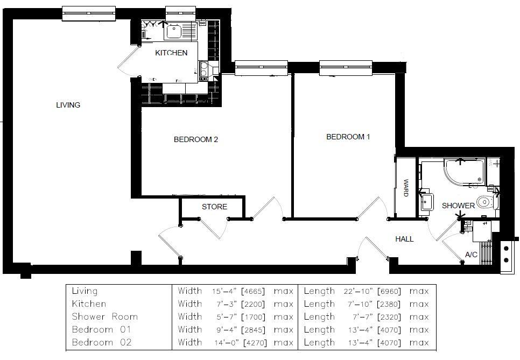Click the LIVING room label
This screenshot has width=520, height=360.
[68, 105]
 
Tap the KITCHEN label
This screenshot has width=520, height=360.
[171, 53]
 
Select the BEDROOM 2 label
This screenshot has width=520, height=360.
[195, 139]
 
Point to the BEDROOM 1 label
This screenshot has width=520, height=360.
[348, 137]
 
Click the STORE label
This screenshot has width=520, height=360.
[214, 207]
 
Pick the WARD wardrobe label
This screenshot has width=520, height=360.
[406, 188]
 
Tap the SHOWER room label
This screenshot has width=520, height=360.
[458, 206]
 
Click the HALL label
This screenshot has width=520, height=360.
[404, 239]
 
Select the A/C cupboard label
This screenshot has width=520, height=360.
[471, 255]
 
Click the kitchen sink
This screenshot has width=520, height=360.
[174, 32]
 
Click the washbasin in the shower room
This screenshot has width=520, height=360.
[427, 201]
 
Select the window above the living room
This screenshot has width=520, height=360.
[89, 13]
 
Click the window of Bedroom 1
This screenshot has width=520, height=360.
[346, 68]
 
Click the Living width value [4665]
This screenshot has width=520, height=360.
[252, 291]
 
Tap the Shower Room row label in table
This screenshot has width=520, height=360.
[105, 317]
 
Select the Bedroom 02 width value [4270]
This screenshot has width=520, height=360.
[252, 343]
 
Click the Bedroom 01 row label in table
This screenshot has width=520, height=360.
[101, 330]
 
